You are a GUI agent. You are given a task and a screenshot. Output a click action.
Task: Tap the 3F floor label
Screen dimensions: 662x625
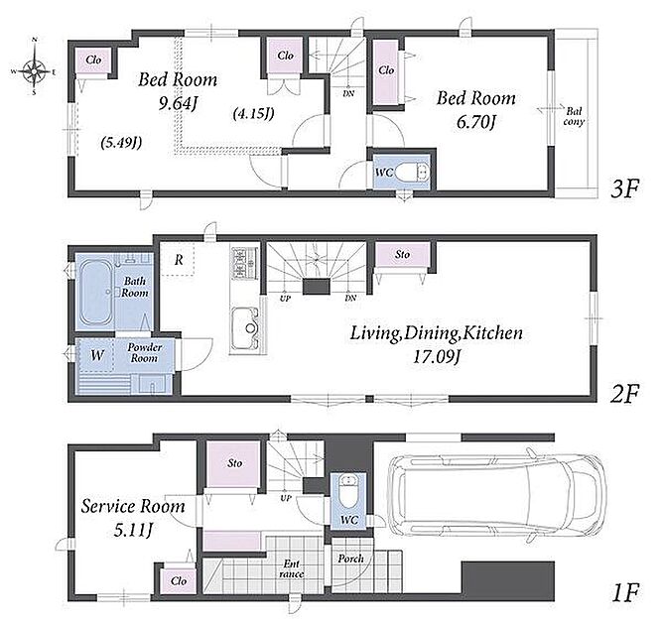[625, 188]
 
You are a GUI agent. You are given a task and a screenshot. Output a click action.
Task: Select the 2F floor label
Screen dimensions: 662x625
[624, 394]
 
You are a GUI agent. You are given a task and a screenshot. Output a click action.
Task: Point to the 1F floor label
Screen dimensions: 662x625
[625, 592]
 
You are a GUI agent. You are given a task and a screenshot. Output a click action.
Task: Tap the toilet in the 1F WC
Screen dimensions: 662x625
[348, 491]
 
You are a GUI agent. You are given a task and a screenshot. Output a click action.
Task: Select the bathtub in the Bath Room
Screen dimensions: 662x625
[96, 292]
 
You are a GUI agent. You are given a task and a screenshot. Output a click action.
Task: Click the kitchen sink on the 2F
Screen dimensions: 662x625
[245, 328]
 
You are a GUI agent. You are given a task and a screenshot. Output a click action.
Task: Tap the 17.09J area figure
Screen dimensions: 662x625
[436, 357]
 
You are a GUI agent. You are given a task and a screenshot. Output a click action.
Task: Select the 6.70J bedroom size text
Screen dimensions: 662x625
[475, 122]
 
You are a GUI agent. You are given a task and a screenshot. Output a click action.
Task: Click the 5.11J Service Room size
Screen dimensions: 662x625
[133, 530]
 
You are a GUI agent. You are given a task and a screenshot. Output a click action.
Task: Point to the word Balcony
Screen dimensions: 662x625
[574, 116]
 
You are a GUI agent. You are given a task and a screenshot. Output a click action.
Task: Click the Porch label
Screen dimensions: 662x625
[350, 559]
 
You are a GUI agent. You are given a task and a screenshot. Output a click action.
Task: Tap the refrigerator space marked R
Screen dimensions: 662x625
[178, 260]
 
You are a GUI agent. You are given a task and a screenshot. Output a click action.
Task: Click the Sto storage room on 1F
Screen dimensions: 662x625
[232, 464]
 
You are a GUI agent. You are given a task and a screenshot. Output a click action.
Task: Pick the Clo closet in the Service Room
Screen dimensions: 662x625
[179, 580]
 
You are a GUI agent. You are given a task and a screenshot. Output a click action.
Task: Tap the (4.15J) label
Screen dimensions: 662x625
[253, 113]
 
